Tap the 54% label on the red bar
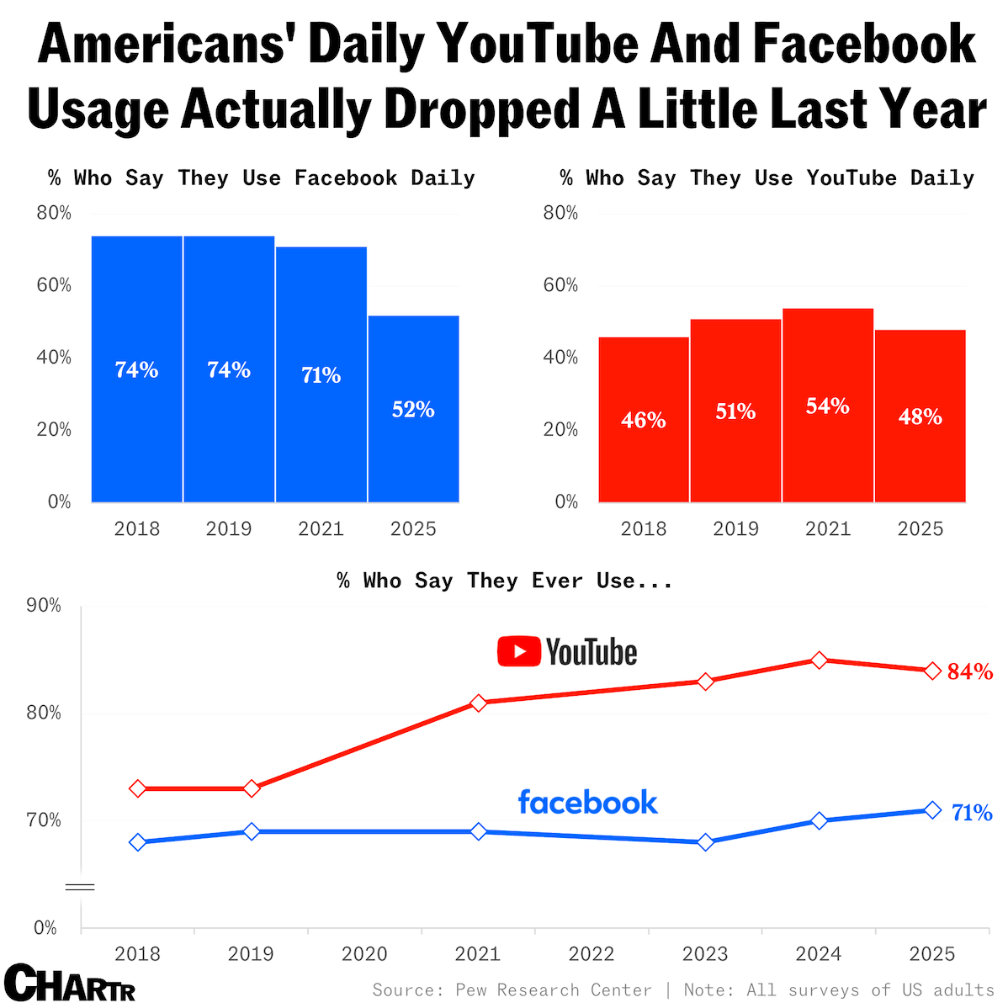[x=828, y=406]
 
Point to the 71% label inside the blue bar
[x=321, y=375]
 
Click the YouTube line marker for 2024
[x=820, y=661]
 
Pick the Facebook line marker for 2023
[x=706, y=842]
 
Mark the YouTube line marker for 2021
[x=479, y=703]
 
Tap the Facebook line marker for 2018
[x=138, y=842]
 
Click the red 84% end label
[x=970, y=671]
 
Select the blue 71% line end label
[x=972, y=813]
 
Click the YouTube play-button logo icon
[x=518, y=652]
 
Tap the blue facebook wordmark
[x=587, y=802]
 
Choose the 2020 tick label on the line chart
[x=364, y=954]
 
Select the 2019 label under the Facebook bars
[x=229, y=528]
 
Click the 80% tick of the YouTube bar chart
[x=560, y=213]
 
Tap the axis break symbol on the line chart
[x=80, y=887]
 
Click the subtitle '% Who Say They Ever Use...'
[x=505, y=581]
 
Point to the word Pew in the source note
[x=472, y=990]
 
